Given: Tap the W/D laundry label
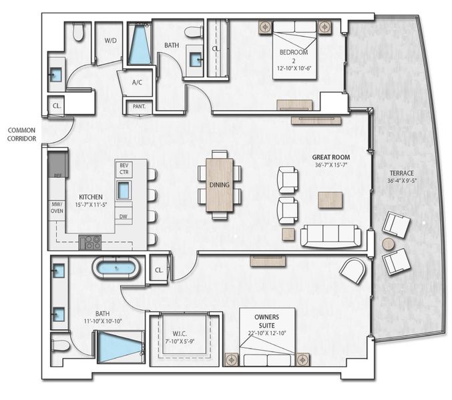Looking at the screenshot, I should point(109,40).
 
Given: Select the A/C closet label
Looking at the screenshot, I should point(138,83).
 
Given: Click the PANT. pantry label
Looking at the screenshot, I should point(140,106).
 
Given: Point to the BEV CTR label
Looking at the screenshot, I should point(124,169).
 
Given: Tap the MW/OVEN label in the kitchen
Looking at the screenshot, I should point(56,209).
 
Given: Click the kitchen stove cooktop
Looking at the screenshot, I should point(89,242).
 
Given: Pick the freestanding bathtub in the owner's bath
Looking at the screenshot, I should point(116,270).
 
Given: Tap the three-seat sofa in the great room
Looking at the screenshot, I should point(330,236).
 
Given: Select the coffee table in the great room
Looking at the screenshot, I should point(330,199).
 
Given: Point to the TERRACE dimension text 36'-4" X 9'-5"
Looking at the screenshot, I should point(401,180).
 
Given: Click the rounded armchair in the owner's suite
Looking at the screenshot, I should point(352,269).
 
